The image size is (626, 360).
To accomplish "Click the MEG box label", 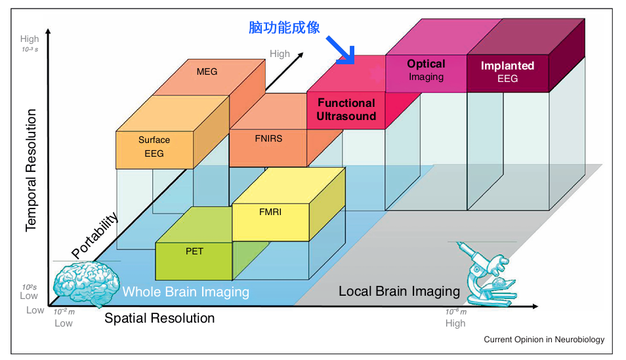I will (x=207, y=71).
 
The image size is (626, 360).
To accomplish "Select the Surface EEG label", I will (x=154, y=147).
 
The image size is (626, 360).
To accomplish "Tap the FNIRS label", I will (x=268, y=139).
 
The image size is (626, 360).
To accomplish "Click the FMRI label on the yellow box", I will (x=270, y=212).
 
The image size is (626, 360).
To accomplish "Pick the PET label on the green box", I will (x=194, y=250).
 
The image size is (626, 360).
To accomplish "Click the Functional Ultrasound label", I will (x=346, y=110).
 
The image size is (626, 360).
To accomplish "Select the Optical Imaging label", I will (x=426, y=70).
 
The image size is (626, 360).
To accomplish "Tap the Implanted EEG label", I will (x=507, y=71).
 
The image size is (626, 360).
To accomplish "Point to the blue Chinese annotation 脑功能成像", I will (x=284, y=28).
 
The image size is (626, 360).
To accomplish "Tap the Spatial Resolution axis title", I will (x=159, y=319).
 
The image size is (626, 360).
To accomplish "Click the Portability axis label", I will (x=95, y=235).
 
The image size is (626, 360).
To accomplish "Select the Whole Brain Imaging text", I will (x=186, y=292).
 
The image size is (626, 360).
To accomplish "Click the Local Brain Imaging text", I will (x=399, y=291).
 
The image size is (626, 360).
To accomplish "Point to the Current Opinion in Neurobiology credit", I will (x=544, y=340).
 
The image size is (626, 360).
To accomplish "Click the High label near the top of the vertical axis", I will (x=30, y=39).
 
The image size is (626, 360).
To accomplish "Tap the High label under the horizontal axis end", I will (x=455, y=323).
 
